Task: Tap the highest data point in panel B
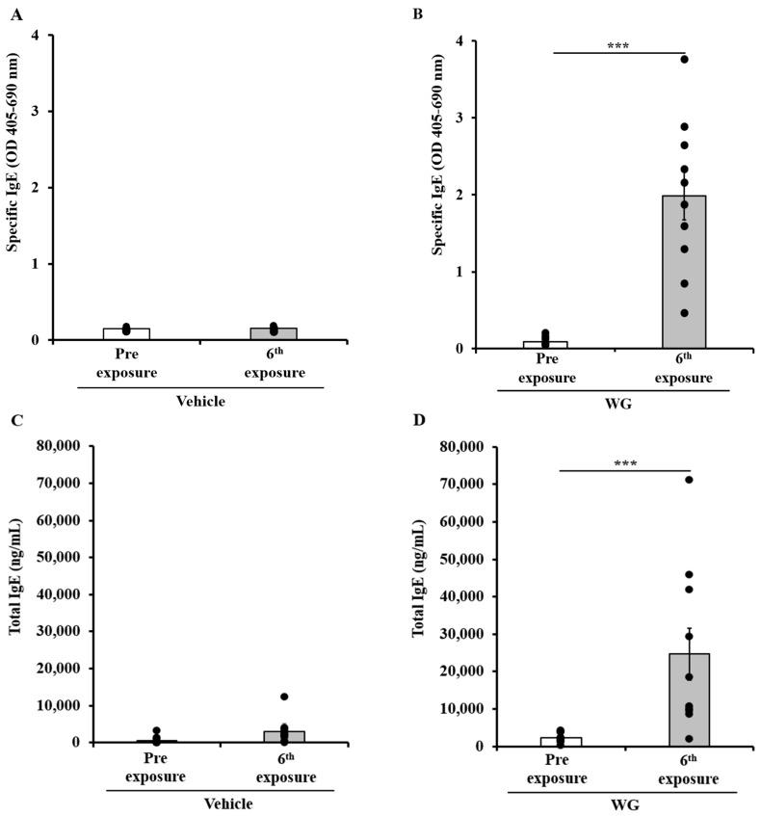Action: pos(684,60)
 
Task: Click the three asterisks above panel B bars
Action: pos(618,44)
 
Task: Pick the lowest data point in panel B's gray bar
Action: pos(684,313)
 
